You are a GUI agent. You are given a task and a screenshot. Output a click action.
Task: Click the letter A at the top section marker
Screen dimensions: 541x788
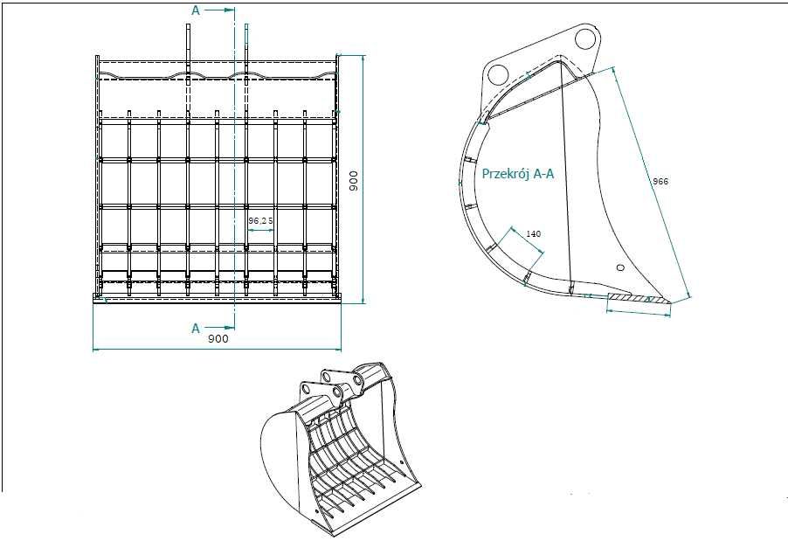coord(196,10)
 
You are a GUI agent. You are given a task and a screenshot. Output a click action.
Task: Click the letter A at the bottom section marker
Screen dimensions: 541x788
coord(196,328)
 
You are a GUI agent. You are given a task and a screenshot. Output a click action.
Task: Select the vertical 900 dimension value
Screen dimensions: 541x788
coord(354,179)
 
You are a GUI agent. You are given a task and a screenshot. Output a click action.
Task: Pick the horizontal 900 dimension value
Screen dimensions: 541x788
coord(218,338)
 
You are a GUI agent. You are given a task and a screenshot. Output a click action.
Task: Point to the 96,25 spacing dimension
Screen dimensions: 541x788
coord(260,221)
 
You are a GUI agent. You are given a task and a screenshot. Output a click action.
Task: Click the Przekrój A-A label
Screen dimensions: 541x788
coord(518,174)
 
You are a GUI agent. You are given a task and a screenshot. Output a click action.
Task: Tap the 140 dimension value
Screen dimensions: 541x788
coord(534,233)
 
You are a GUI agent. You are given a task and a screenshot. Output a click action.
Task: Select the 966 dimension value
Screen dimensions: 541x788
coord(660,181)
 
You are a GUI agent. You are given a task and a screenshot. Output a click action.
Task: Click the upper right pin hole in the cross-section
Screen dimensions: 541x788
coord(584,39)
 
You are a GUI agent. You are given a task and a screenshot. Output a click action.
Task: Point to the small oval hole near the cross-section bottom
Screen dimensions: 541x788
coord(620,267)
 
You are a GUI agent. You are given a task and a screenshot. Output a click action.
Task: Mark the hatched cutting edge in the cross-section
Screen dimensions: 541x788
coord(639,300)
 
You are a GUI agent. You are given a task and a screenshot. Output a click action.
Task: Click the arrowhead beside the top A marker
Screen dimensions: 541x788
coord(230,10)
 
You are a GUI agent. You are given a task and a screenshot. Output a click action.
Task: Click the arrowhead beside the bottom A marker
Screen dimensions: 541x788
coord(230,328)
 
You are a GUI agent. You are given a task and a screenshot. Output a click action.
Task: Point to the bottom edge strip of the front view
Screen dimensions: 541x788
coord(217,298)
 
